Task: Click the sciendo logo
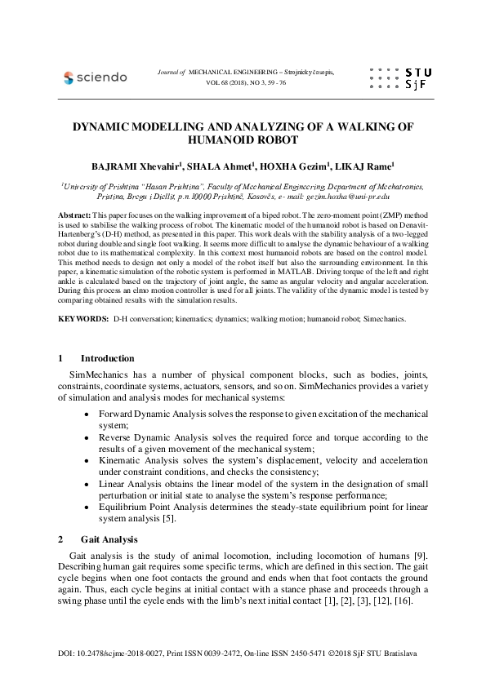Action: [96, 78]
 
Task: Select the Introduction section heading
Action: [108, 358]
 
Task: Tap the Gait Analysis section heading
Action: [109, 539]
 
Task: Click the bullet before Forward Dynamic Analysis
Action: [87, 414]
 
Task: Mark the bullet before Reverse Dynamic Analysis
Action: [87, 437]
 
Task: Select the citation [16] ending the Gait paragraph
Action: [404, 601]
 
